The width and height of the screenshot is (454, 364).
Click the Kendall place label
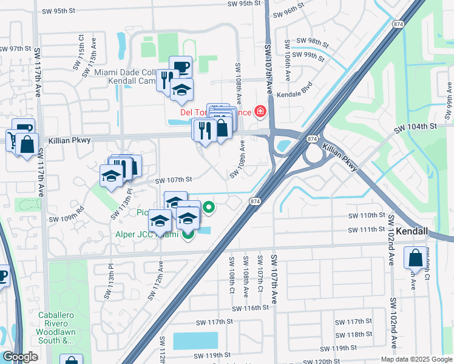point(413,232)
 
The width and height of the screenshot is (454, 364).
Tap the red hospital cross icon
point(260,111)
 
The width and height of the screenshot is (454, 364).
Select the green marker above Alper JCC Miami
point(209,208)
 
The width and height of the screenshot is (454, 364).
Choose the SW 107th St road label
point(174,180)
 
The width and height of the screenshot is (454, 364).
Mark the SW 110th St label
point(367,215)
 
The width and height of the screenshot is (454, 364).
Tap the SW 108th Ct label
point(232,275)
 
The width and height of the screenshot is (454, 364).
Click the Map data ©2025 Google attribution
point(416,359)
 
